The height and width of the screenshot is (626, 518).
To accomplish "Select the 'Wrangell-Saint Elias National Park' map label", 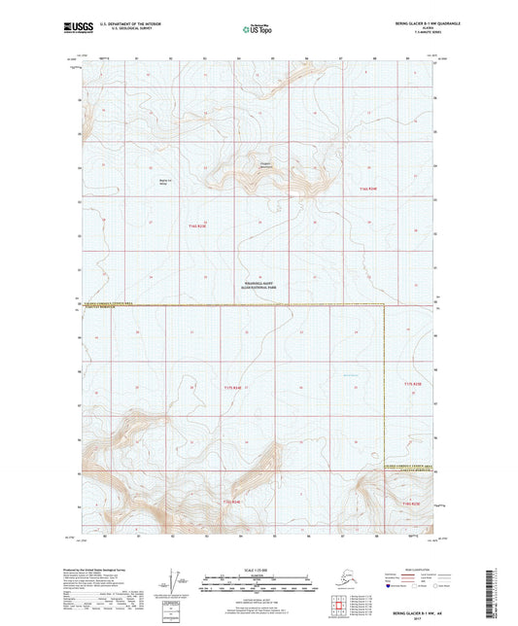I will pos(257,288).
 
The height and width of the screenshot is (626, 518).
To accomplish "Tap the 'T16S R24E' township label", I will pos(366,187).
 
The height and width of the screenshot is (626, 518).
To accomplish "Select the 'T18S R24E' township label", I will pos(230,501).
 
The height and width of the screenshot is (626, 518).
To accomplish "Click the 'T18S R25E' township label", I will pos(411,504).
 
